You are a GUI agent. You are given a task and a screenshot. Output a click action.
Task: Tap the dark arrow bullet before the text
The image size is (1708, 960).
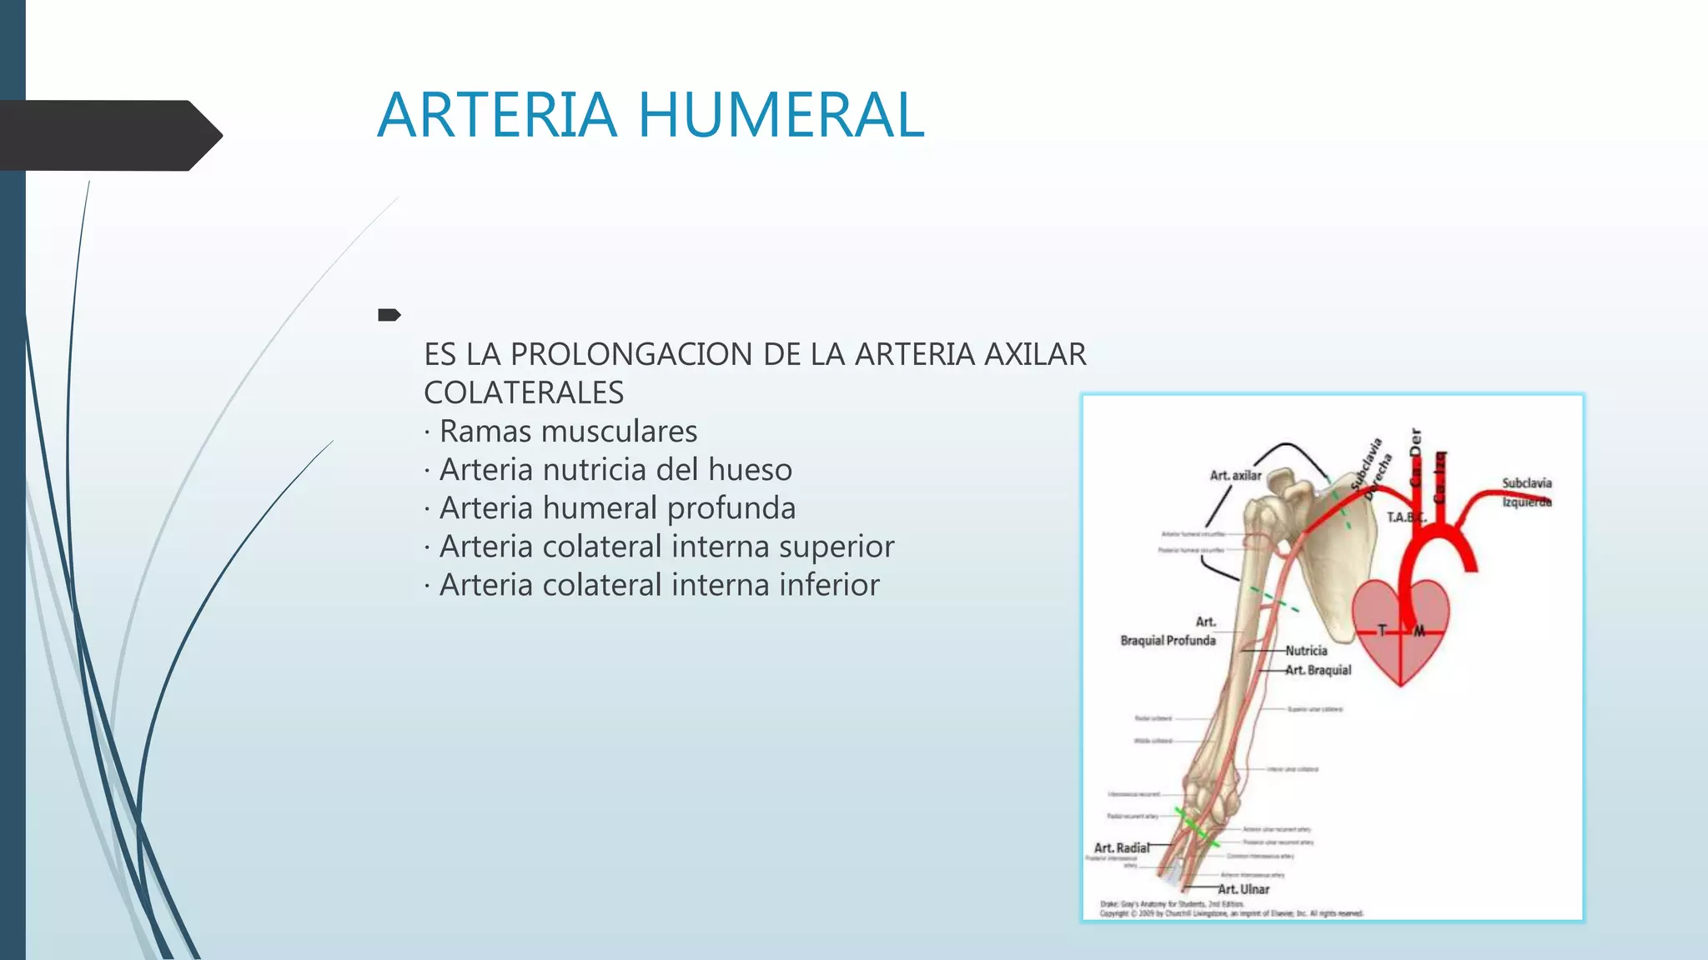tap(389, 315)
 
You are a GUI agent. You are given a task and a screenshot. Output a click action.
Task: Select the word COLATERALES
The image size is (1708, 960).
tap(524, 392)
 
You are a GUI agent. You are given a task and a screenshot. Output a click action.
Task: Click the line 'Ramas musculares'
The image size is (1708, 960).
tap(568, 432)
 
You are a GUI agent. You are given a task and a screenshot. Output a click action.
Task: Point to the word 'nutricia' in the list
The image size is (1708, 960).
tap(594, 470)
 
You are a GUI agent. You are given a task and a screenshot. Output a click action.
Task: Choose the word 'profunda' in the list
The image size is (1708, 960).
tap(731, 508)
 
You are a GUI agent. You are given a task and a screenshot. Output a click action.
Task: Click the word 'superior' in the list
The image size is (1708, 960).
tap(836, 547)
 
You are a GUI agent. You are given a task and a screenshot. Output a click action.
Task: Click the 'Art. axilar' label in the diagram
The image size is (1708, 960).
tap(1235, 476)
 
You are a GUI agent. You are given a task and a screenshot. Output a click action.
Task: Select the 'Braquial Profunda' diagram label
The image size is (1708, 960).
tap(1168, 640)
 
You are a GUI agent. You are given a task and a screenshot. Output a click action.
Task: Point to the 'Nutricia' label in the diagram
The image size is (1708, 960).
tap(1306, 651)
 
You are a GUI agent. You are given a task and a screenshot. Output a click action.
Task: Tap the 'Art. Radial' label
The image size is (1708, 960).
tap(1121, 847)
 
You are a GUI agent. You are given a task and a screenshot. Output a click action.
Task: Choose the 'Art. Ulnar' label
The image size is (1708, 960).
tap(1243, 889)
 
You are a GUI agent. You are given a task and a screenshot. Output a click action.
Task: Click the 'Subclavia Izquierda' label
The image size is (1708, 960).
tap(1526, 492)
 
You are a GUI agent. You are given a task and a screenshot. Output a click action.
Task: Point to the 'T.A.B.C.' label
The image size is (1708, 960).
tap(1406, 517)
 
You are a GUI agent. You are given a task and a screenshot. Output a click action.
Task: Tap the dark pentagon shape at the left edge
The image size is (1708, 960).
tap(108, 136)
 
